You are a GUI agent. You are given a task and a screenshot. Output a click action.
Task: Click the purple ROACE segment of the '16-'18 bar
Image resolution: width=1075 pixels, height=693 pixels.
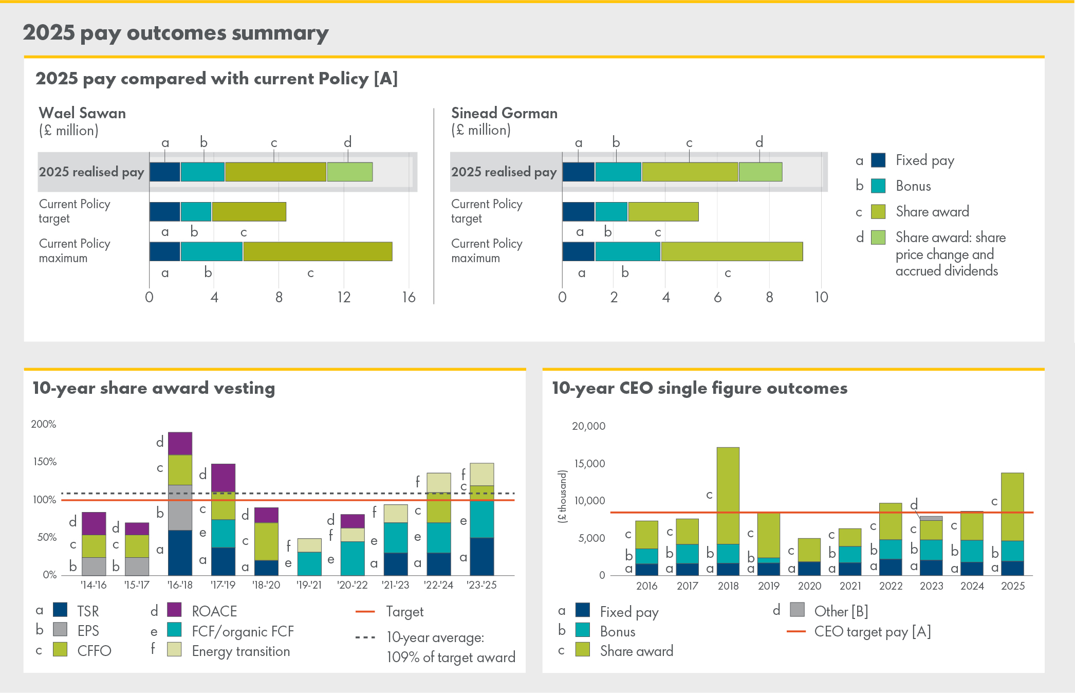pos(180,443)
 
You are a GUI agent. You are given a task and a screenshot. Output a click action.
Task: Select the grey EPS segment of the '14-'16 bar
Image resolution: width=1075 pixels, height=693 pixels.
pos(94,566)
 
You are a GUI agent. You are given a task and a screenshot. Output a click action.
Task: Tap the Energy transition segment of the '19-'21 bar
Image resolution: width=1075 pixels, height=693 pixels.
pos(309,545)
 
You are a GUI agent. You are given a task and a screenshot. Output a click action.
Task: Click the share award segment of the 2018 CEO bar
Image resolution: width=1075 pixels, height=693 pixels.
pos(728,495)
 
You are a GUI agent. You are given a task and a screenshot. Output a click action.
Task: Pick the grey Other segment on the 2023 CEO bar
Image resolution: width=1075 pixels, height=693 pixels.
pos(931,518)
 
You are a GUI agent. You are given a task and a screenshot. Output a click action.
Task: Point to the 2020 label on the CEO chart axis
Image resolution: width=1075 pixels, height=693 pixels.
pos(809,586)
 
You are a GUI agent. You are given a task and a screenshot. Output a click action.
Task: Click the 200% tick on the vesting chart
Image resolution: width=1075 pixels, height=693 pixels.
pos(44,424)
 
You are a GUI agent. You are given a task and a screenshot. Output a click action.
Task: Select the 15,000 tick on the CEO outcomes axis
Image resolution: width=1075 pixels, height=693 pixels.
pos(589,464)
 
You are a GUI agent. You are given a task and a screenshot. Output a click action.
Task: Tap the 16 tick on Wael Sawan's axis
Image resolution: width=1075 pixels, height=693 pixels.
pos(409,297)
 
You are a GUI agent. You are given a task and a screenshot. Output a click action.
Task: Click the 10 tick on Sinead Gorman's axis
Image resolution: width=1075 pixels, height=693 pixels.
pos(821,297)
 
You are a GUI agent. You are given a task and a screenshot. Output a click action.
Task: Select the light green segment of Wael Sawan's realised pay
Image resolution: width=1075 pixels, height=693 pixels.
pos(350,172)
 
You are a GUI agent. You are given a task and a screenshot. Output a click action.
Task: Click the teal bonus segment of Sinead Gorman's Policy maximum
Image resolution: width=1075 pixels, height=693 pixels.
pos(627,251)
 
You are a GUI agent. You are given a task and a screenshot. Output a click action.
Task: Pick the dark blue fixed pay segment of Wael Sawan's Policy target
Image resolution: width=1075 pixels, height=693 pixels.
pos(165,211)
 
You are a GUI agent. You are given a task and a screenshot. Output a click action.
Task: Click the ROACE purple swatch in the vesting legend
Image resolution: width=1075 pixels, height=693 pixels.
pos(175,610)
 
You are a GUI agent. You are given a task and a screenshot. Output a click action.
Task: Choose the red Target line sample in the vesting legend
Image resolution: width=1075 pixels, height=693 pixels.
pos(365,612)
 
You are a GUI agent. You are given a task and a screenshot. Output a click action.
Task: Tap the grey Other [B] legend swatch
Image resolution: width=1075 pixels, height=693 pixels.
pos(797,610)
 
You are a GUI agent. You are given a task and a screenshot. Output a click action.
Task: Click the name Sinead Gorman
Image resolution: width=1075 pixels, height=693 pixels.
pos(504,113)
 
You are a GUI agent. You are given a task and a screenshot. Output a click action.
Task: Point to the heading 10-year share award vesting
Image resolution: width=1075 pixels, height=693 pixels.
pos(154,388)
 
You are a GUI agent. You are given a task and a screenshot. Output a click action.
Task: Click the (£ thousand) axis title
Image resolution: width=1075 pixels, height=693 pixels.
pos(563,497)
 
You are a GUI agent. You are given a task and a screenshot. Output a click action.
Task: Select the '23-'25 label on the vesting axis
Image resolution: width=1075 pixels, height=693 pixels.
pos(481,585)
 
